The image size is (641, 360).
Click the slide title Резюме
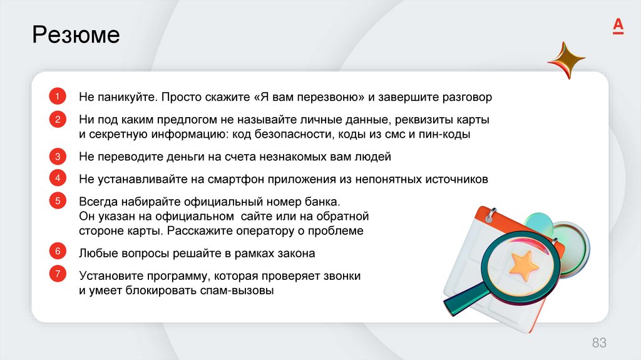point(76,35)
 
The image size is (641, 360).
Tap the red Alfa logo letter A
point(617,26)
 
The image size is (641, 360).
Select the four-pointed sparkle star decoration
point(566,61)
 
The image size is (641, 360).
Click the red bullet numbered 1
point(57,97)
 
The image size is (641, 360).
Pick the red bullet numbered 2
point(57,120)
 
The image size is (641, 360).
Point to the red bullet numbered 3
point(57,157)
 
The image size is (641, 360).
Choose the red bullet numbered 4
point(57,178)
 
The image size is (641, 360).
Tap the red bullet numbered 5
point(57,201)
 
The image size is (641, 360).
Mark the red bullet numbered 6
point(57,252)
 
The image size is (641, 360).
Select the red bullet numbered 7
point(57,274)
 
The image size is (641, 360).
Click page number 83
point(599,342)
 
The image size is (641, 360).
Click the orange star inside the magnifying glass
point(523,266)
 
